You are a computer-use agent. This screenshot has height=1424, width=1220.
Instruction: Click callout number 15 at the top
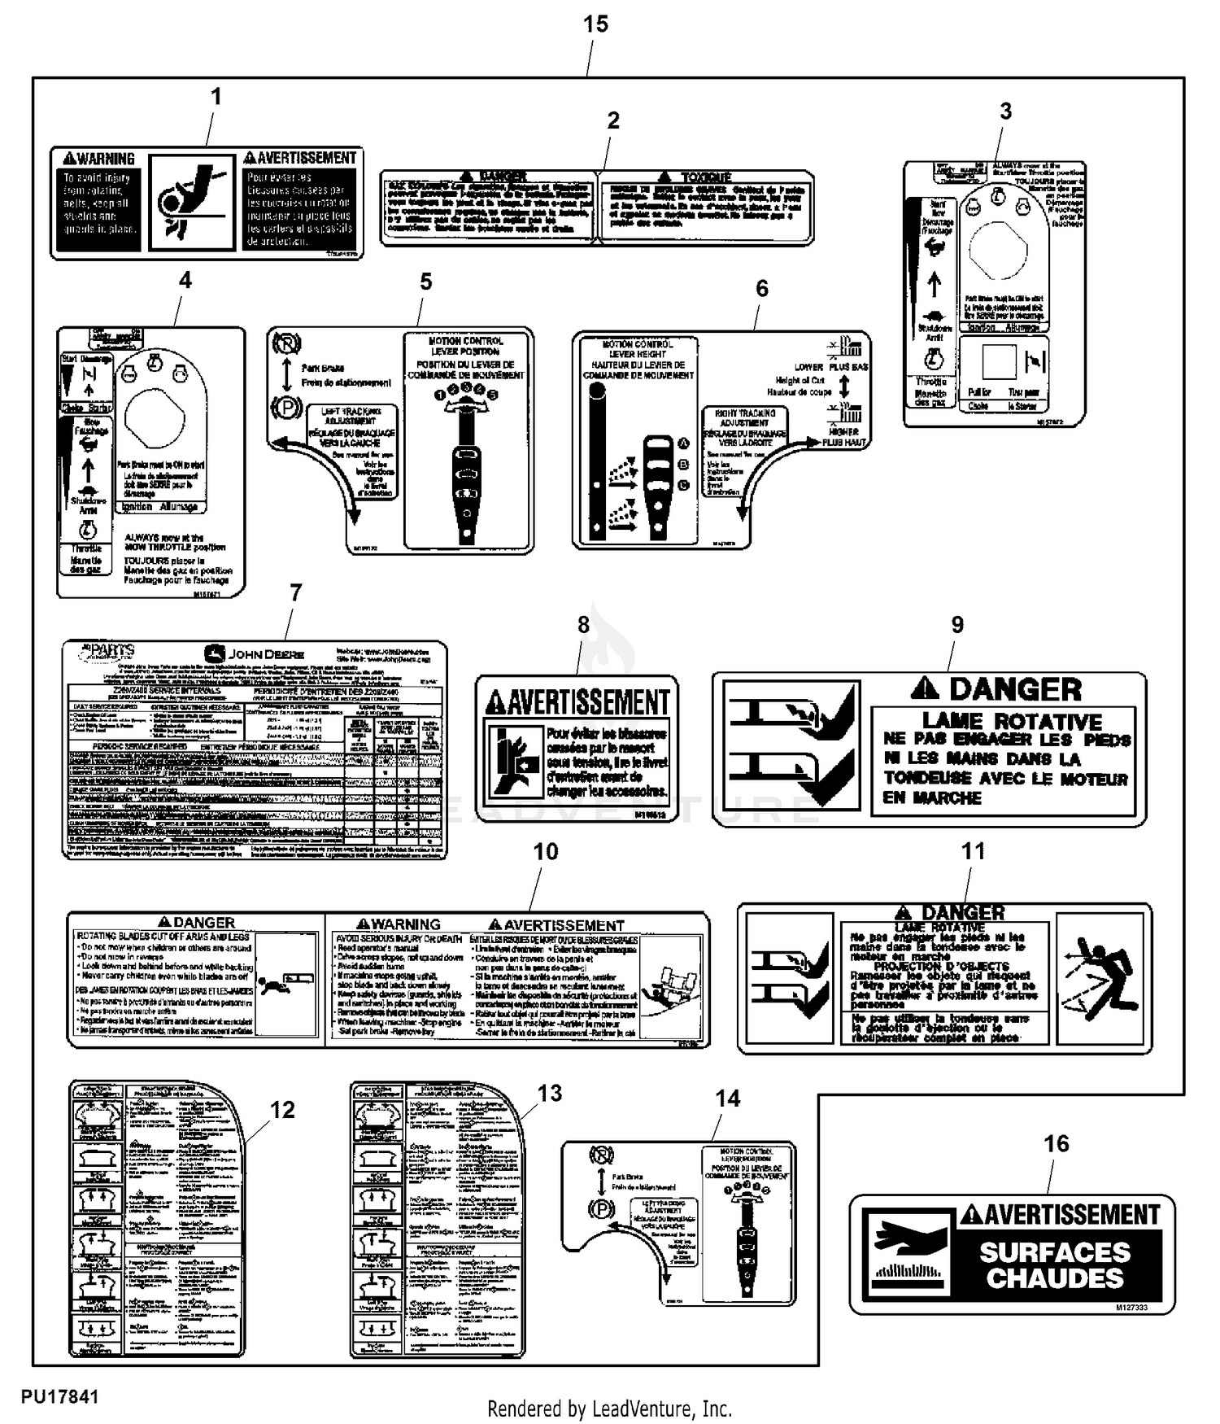pos(595,24)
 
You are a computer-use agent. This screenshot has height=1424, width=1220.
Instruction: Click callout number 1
pos(216,97)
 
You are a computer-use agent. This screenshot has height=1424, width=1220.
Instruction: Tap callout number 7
pos(295,593)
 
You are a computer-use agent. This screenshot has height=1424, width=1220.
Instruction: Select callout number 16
pos(1056,1143)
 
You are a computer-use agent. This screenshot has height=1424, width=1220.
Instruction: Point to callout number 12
pos(282,1110)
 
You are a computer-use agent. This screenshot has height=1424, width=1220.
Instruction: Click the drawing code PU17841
pos(59,1396)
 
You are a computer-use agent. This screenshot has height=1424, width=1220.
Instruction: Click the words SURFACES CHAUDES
pos(1054,1265)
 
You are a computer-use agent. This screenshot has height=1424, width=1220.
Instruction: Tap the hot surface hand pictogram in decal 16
pos(906,1253)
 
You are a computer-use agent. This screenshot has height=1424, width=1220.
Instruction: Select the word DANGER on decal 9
pos(1015,690)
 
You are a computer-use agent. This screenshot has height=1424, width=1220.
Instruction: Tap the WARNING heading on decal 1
pos(99,159)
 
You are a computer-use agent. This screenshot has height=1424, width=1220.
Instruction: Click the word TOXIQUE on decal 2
pos(706,177)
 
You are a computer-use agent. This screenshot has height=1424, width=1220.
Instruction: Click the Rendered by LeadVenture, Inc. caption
pos(609,1409)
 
